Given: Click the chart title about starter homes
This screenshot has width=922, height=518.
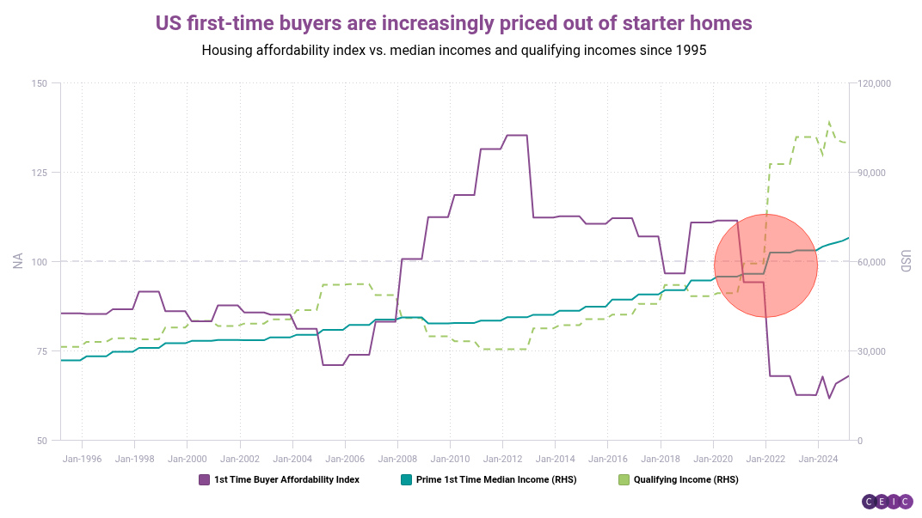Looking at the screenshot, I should [x=453, y=22].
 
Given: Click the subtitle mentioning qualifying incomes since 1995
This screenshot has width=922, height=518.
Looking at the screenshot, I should [x=453, y=50].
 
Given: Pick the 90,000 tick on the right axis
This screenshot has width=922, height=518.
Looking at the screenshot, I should [x=874, y=173].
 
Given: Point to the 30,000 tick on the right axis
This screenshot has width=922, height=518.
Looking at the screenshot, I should [x=874, y=351].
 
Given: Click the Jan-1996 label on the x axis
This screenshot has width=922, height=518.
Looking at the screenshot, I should [x=82, y=459].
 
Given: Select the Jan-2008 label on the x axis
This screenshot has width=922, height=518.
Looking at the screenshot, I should [x=397, y=459].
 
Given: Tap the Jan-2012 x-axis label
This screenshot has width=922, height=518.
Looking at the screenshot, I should [x=502, y=459].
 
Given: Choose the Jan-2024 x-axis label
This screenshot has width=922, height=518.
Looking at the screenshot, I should [x=818, y=459].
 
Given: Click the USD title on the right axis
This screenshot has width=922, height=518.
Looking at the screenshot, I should [x=905, y=262].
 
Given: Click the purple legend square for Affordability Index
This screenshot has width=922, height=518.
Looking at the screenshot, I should [x=204, y=479].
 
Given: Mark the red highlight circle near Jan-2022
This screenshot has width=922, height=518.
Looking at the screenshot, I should [x=765, y=265].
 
